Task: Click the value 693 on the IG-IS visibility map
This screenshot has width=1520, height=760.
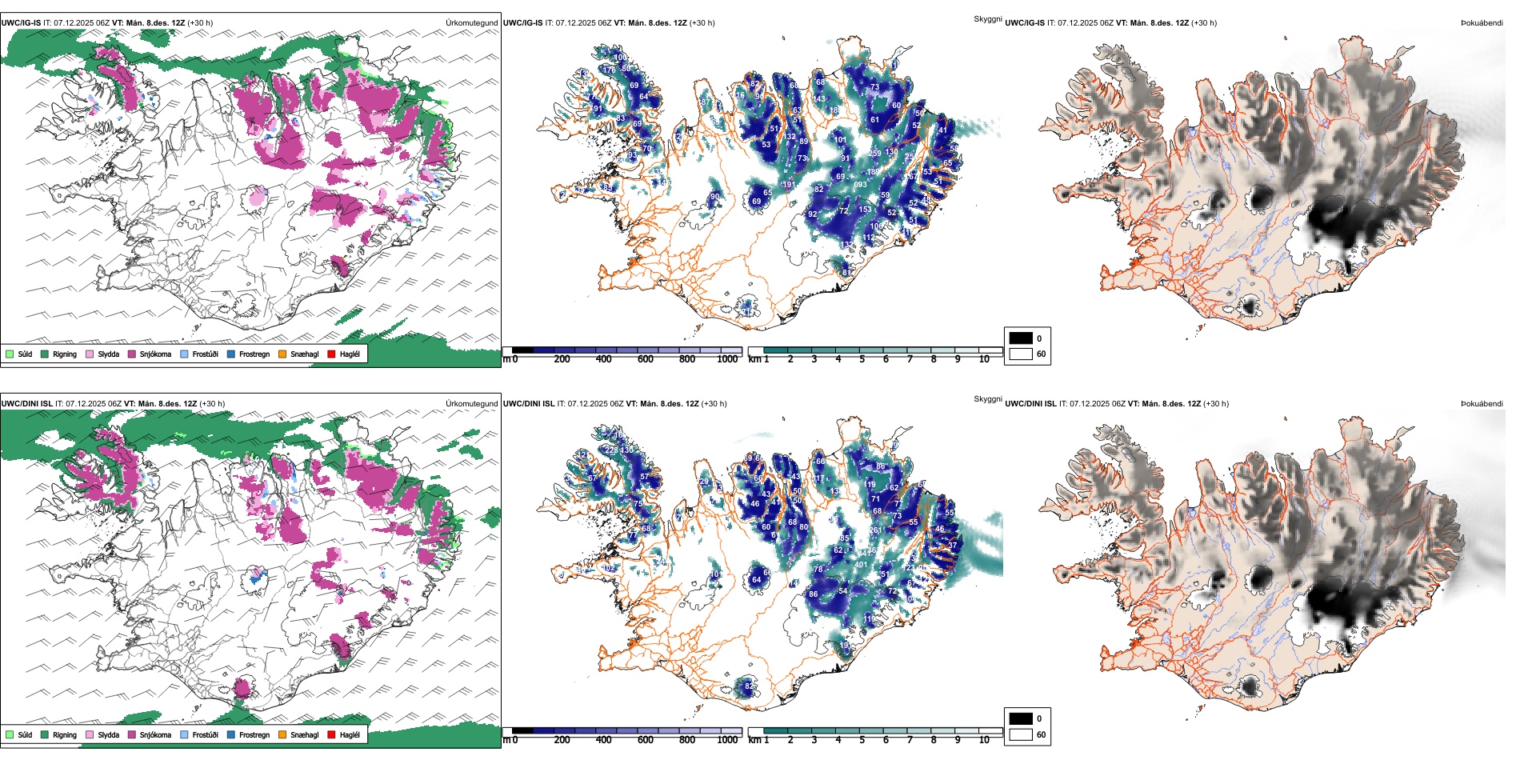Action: (860, 185)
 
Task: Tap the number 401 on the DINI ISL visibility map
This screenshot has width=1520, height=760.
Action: (861, 565)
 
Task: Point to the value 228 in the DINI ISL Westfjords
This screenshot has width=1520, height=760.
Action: (610, 450)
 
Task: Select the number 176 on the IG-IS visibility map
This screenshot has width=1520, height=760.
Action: (609, 70)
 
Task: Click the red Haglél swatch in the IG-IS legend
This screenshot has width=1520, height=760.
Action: (331, 354)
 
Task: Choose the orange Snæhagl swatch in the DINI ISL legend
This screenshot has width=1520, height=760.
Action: (282, 734)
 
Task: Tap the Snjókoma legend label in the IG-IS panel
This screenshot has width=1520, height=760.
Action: (155, 354)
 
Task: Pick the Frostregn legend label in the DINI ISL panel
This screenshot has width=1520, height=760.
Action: (254, 734)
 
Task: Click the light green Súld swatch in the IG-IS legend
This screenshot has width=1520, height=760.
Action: (10, 354)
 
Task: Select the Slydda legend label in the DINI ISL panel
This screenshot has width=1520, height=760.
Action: (109, 734)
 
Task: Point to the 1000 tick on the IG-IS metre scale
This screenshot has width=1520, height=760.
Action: (727, 359)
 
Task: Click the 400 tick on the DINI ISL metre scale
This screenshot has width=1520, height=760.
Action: (604, 740)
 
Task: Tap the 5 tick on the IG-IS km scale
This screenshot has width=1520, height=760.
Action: (862, 359)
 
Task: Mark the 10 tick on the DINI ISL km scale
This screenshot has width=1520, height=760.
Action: (984, 740)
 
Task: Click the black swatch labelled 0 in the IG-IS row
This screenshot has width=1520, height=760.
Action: (1021, 338)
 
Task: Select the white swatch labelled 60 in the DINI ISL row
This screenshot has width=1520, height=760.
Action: (1021, 734)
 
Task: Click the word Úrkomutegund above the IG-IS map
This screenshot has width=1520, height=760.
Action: (472, 22)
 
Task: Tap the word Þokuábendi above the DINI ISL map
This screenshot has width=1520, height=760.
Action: (1482, 403)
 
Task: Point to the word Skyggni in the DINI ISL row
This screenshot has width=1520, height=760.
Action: (987, 399)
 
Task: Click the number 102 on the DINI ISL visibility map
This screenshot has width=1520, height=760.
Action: (609, 568)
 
